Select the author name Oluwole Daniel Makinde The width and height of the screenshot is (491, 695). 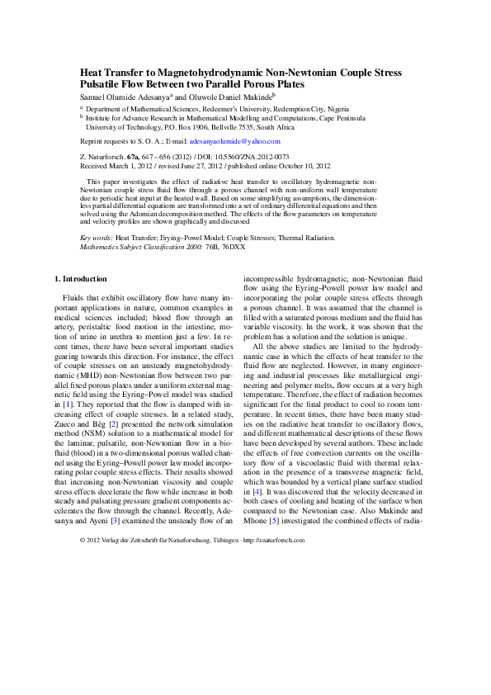239,96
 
